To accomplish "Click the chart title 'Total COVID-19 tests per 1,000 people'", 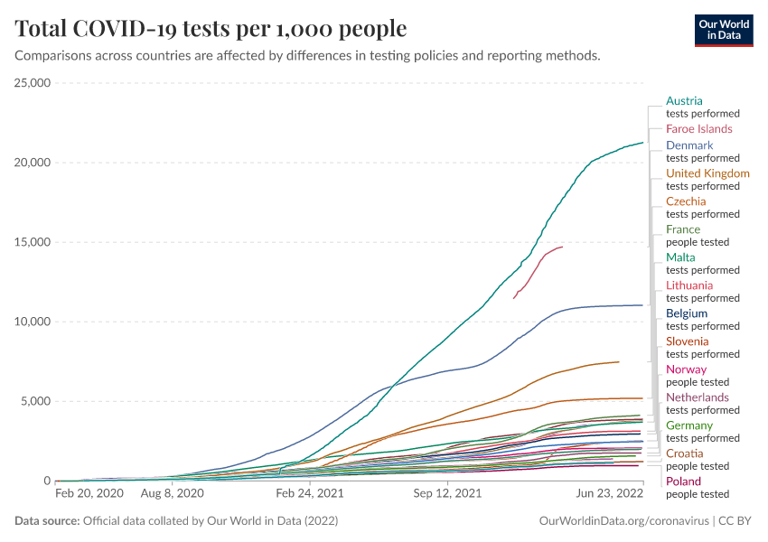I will [211, 29].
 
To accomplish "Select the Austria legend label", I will [684, 101].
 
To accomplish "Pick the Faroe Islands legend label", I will [698, 129].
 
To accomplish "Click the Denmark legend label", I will [689, 145].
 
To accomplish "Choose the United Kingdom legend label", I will [707, 173].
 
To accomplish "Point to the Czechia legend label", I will [686, 201].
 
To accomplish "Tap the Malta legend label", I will [680, 257].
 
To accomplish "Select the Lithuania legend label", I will [689, 285].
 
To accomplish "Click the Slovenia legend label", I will [688, 341].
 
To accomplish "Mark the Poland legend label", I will [683, 481].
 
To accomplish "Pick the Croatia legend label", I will [684, 453].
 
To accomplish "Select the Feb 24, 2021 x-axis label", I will [310, 495].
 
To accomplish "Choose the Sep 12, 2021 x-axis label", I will [446, 495].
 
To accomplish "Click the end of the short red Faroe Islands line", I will [562, 247].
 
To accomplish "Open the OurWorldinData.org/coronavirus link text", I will [623, 521].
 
